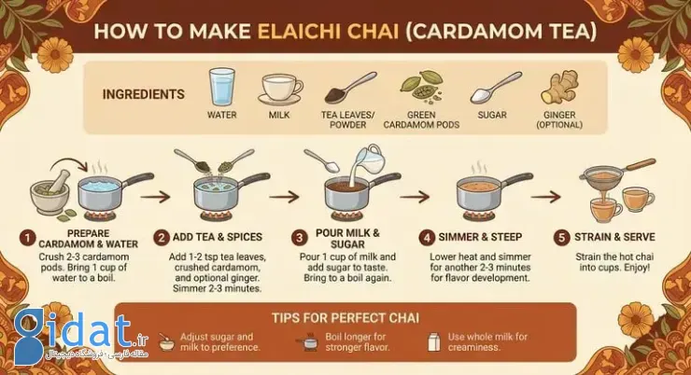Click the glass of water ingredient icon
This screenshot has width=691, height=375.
pyautogui.click(x=221, y=87)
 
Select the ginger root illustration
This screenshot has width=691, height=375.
pyautogui.click(x=559, y=87)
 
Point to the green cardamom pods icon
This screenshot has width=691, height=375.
pyautogui.click(x=421, y=85)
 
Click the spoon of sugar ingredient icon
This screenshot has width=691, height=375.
pyautogui.click(x=496, y=88)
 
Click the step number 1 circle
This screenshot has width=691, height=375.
pyautogui.click(x=27, y=239)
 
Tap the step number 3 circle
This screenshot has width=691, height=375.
pyautogui.click(x=299, y=238)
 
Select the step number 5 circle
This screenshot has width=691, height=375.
pyautogui.click(x=561, y=238)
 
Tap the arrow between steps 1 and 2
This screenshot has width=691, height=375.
pyautogui.click(x=155, y=197)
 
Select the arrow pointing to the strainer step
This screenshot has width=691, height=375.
pyautogui.click(x=545, y=197)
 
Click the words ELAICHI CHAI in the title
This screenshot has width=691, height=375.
pyautogui.click(x=328, y=32)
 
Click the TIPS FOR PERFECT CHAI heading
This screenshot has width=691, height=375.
pyautogui.click(x=345, y=318)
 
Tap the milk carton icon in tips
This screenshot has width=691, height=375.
pyautogui.click(x=434, y=342)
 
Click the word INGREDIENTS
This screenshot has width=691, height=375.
pyautogui.click(x=143, y=94)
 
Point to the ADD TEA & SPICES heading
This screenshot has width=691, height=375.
pyautogui.click(x=218, y=237)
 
